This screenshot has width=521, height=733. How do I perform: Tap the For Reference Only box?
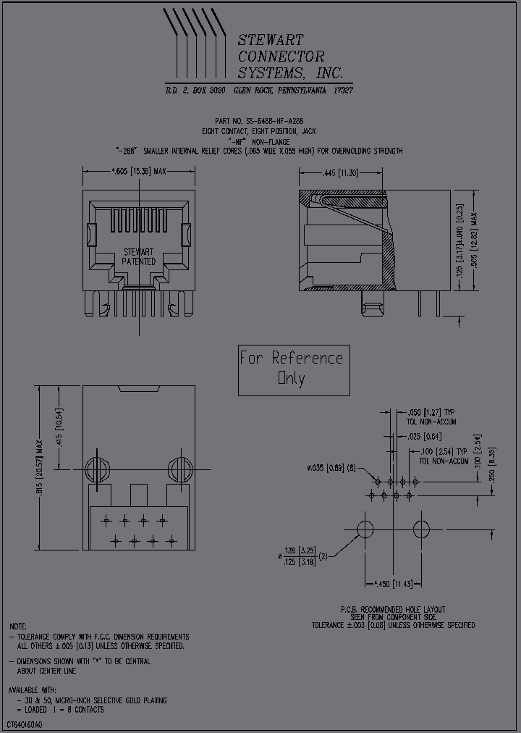pyautogui.click(x=293, y=369)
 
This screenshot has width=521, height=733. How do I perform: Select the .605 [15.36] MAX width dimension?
pyautogui.click(x=138, y=172)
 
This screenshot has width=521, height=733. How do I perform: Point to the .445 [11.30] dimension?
pyautogui.click(x=339, y=172)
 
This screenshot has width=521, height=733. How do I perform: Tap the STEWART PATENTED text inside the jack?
pyautogui.click(x=138, y=256)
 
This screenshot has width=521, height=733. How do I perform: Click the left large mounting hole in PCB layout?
pyautogui.click(x=365, y=527)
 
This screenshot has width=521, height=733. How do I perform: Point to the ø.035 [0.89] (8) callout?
pyautogui.click(x=331, y=468)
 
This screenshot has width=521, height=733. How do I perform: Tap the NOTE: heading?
pyautogui.click(x=18, y=626)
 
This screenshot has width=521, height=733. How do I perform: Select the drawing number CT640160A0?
pyautogui.click(x=25, y=725)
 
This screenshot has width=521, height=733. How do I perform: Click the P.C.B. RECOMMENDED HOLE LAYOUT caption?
pyautogui.click(x=393, y=609)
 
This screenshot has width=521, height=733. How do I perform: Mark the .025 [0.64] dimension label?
pyautogui.click(x=425, y=437)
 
